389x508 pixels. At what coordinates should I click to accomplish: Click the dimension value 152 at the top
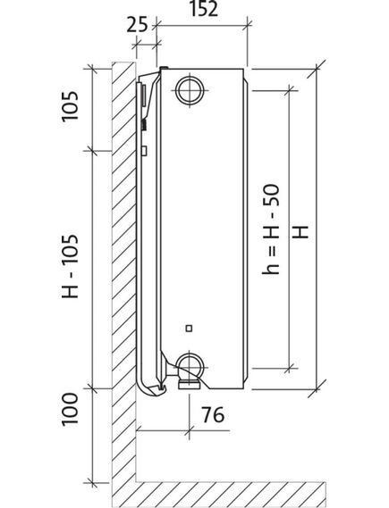[x=204, y=9]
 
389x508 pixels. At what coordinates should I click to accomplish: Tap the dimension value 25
[x=137, y=25]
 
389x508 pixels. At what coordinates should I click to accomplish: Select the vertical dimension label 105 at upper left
[x=71, y=106]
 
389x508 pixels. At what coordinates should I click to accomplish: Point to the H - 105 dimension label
[x=71, y=266]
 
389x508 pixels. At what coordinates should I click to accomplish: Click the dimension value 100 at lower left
[x=71, y=409]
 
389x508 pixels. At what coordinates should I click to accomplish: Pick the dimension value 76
[x=213, y=414]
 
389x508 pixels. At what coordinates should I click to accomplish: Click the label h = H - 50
[x=271, y=229]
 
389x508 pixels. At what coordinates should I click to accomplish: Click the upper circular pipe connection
[x=190, y=90]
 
